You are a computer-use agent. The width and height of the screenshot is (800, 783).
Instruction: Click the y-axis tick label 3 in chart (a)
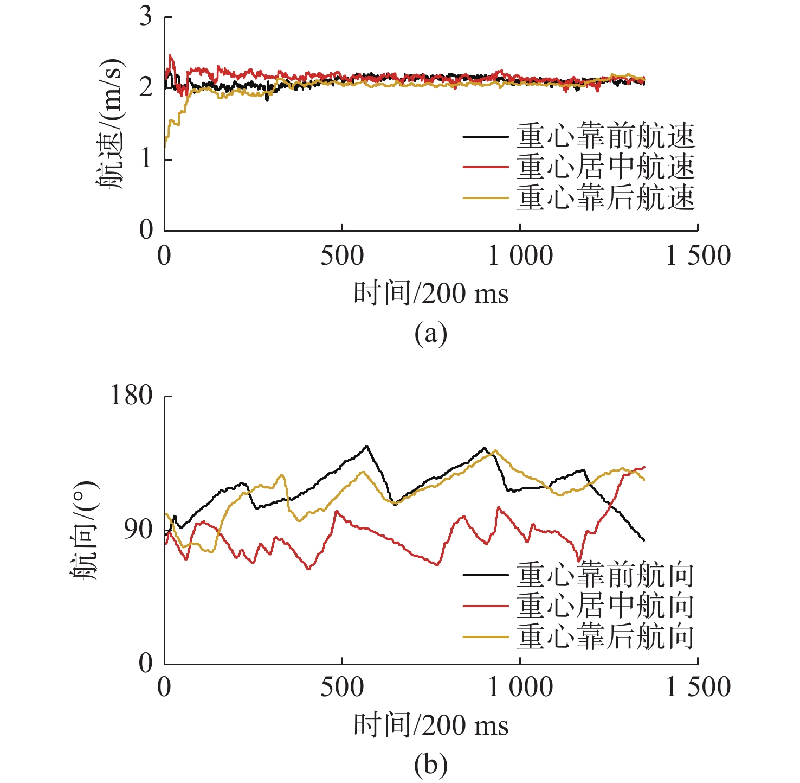146,17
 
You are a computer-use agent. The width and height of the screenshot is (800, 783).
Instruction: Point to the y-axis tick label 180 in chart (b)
132,396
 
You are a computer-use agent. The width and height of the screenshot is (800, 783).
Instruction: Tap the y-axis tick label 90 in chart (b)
139,529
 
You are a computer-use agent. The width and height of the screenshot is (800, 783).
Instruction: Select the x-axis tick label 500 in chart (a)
342,256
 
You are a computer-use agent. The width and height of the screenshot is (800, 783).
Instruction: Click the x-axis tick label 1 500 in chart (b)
698,687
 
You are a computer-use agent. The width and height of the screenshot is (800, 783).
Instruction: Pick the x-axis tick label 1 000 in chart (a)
520,256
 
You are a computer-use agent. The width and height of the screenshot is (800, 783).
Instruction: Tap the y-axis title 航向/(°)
86,530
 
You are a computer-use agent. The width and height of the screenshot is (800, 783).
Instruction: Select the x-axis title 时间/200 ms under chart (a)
431,294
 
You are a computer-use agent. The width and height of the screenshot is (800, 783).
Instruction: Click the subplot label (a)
431,333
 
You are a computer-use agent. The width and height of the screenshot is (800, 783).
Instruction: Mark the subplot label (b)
431,765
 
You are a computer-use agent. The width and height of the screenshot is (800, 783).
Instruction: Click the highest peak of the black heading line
367,447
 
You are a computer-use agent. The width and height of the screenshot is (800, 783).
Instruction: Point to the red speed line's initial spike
171,55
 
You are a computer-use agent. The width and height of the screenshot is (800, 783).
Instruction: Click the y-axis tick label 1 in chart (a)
146,160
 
